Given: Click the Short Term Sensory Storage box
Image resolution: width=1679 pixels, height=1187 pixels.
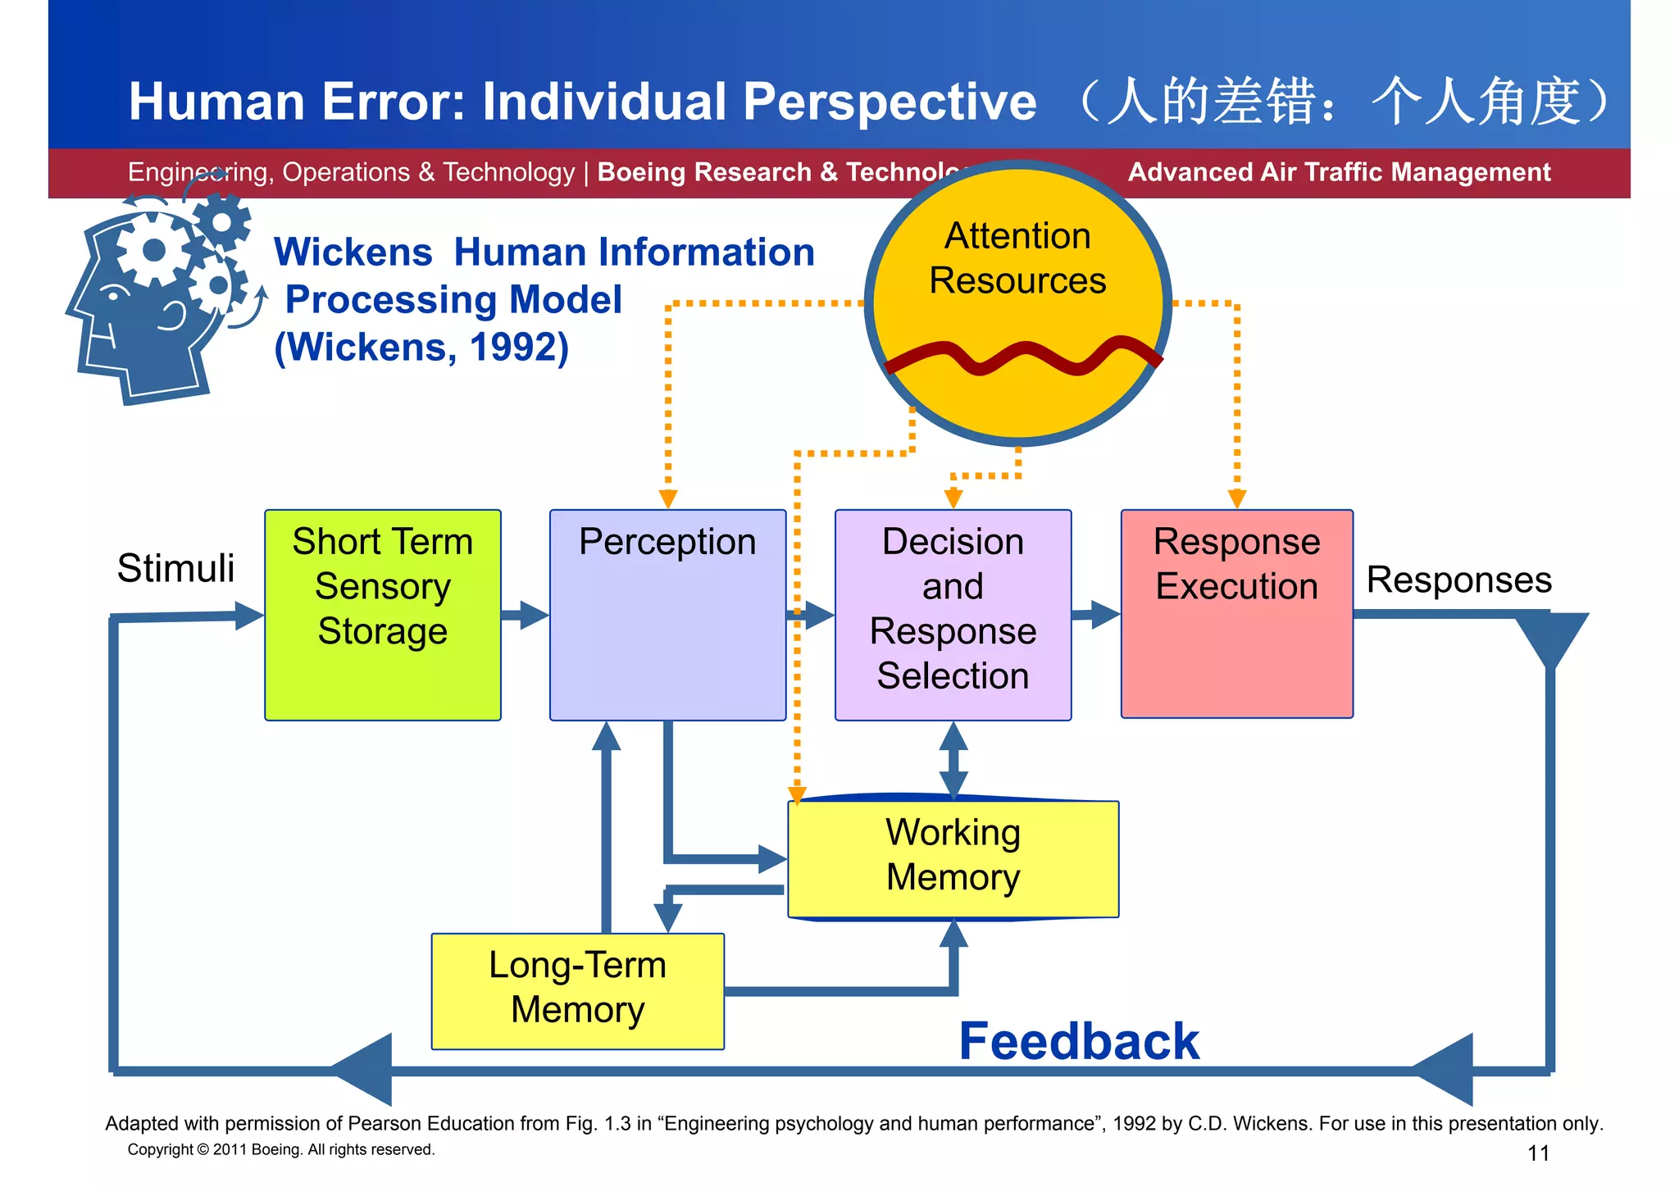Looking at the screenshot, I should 383,615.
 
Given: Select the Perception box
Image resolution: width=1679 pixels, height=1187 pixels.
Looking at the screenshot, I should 667,615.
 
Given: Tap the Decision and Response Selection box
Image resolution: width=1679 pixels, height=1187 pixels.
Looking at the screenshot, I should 953,615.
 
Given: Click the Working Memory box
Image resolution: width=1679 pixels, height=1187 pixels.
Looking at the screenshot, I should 953,857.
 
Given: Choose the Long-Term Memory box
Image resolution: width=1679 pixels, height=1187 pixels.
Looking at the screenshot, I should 577,990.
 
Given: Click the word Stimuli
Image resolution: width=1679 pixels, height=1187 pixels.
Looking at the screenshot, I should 175,568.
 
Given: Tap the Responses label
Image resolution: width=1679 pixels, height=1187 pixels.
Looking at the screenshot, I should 1458,580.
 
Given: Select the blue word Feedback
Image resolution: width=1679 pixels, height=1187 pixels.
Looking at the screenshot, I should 1079,1041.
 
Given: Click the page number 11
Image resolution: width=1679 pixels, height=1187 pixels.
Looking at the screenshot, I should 1538,1153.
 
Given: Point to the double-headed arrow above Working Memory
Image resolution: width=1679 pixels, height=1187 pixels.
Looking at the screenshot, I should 953,761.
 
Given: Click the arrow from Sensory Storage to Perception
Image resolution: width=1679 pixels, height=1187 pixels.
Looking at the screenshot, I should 525,615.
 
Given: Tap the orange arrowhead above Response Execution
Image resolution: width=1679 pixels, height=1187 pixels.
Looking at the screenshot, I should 1236,498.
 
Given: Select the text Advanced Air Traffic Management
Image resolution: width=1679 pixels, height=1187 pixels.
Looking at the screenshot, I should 1339,172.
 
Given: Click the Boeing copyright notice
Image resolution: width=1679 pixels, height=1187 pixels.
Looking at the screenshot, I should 281,1149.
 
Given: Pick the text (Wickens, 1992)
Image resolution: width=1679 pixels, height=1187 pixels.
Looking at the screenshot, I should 421,347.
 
